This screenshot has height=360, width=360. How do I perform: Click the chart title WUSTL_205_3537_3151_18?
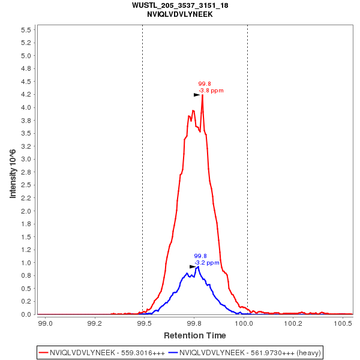click(179, 5)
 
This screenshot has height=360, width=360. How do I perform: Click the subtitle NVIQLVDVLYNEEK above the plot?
click(179, 14)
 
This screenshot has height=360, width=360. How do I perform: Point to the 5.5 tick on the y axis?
click(26, 30)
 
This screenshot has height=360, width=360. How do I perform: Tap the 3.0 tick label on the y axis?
click(26, 160)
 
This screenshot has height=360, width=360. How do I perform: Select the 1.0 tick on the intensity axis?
click(26, 263)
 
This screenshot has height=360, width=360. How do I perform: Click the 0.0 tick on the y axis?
click(26, 314)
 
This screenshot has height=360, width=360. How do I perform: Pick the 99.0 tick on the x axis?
click(45, 323)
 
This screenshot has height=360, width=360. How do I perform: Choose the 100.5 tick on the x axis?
click(343, 323)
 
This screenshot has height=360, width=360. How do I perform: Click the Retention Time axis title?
click(195, 335)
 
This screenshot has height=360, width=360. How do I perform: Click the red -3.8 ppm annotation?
click(211, 91)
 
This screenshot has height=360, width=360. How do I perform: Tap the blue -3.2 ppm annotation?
click(207, 263)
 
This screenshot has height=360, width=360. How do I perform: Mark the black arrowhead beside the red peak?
click(197, 95)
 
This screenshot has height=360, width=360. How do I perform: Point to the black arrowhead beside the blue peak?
click(193, 266)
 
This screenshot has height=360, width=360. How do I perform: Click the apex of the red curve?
click(202, 95)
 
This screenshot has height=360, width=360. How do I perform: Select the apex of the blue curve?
click(197, 266)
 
